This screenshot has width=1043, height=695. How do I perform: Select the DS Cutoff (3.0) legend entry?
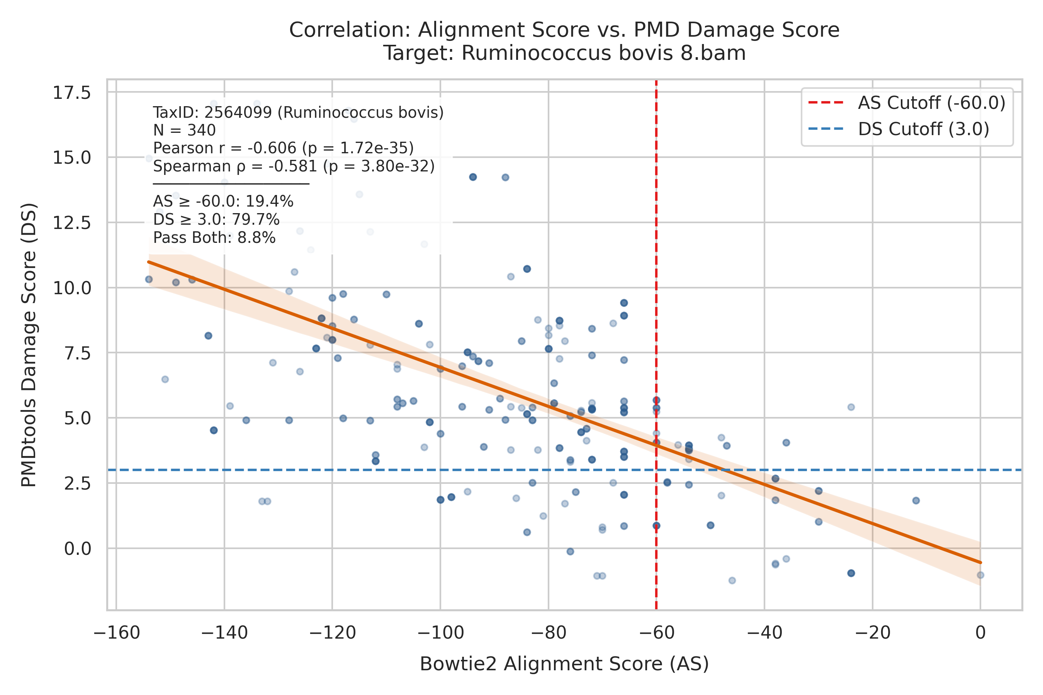[899, 129]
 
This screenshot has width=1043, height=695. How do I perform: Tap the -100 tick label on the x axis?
[440, 633]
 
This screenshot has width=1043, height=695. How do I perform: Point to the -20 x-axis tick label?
[872, 633]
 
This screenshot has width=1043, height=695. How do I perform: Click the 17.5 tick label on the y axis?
[71, 93]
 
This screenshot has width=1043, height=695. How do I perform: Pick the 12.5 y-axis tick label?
[71, 222]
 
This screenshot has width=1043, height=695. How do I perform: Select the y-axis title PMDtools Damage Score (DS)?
[29, 345]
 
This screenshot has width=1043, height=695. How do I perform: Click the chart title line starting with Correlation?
[564, 30]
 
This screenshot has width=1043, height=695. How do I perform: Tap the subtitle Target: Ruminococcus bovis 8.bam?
[564, 53]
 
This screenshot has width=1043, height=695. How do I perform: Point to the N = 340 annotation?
[185, 131]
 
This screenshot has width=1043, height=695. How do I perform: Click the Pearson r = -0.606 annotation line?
[284, 148]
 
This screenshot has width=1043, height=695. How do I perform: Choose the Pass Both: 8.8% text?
[214, 238]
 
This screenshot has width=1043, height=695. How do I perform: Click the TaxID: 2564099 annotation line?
[298, 113]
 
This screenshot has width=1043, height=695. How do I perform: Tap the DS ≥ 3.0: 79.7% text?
[216, 220]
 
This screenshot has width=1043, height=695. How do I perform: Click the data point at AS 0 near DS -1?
[980, 575]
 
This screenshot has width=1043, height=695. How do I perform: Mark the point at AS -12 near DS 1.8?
[916, 500]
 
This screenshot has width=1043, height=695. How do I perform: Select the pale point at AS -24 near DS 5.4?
[851, 407]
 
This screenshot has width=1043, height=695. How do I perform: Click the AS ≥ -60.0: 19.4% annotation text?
[223, 202]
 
